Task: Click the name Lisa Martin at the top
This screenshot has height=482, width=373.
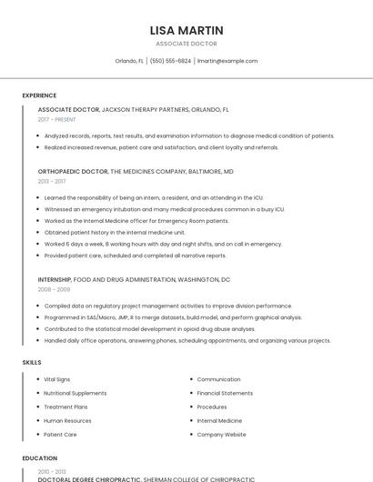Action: (186, 30)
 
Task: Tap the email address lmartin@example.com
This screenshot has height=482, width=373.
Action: (227, 61)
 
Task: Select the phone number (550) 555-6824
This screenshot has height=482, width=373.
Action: (170, 61)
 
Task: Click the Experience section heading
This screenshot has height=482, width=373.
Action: (39, 95)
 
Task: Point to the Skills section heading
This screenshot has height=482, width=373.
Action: (32, 362)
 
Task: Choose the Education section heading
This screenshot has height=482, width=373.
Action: (39, 458)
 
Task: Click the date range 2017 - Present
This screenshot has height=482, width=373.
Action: (57, 119)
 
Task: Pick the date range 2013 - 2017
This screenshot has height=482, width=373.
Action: (52, 181)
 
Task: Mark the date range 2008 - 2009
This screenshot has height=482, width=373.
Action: (54, 289)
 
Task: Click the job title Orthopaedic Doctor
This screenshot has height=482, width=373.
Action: (73, 171)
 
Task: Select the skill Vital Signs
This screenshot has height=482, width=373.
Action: (57, 379)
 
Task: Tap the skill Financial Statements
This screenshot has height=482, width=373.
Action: (226, 393)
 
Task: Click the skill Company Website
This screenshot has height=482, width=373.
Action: (221, 435)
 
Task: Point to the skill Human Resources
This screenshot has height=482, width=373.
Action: (67, 421)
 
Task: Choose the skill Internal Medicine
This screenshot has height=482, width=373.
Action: (219, 421)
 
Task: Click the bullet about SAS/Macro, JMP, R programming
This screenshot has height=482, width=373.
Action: (173, 317)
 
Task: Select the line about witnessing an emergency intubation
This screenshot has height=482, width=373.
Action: (164, 209)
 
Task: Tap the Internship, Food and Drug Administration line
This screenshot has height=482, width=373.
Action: (134, 279)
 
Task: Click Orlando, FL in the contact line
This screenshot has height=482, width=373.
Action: (129, 61)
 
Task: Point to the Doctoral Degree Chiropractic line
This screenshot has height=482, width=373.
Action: (146, 478)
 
